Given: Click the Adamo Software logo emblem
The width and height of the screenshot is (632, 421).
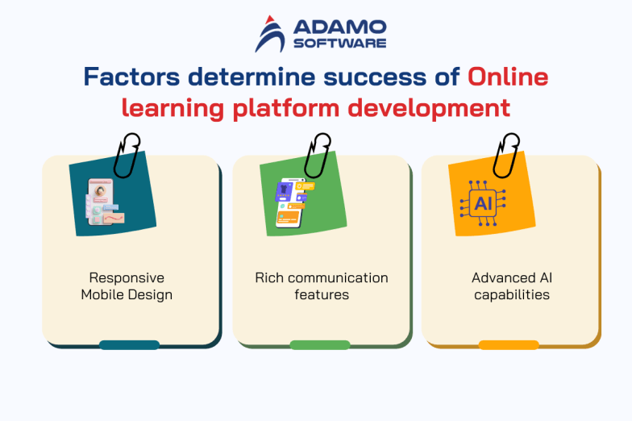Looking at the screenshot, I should click(x=271, y=34).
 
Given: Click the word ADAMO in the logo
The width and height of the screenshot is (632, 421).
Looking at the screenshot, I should click(x=339, y=27).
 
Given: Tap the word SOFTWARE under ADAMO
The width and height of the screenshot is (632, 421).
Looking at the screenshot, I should click(x=339, y=43).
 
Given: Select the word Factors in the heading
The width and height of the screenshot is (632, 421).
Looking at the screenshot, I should click(x=131, y=77).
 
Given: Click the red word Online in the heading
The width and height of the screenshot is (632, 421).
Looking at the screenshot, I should click(x=508, y=77).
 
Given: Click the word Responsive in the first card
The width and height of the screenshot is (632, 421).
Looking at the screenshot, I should click(x=126, y=278).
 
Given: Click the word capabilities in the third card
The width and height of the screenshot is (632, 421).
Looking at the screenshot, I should click(x=511, y=295).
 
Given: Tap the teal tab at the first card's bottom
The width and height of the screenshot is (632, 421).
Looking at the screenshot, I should click(x=129, y=345).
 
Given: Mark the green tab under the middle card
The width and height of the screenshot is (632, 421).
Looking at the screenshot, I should click(x=319, y=345).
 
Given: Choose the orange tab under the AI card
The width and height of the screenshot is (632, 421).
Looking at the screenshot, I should click(x=509, y=345).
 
